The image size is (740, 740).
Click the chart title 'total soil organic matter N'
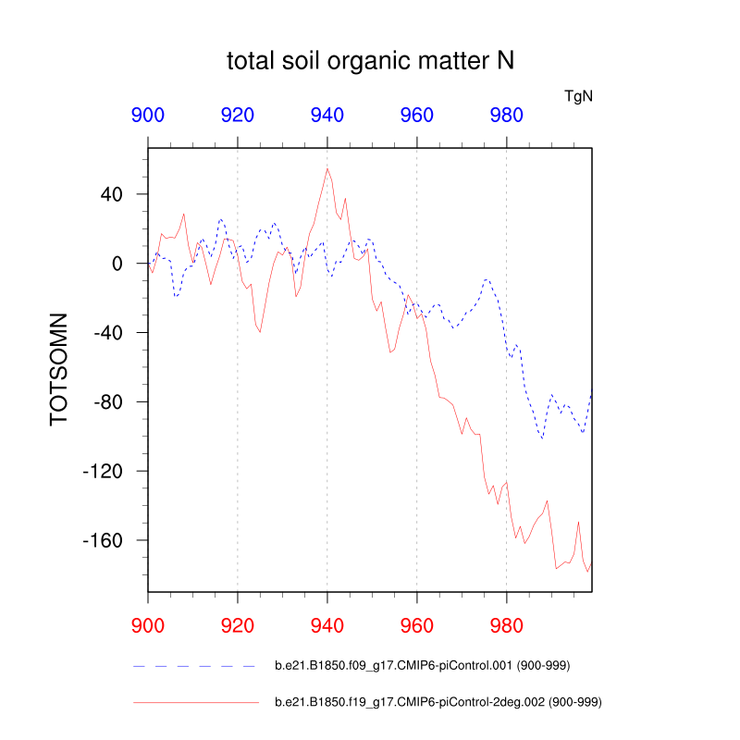pyautogui.click(x=370, y=62)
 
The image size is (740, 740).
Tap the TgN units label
pyautogui.click(x=578, y=95)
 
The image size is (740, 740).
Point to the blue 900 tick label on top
pyautogui.click(x=148, y=116)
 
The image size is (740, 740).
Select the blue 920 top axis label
pyautogui.click(x=238, y=116)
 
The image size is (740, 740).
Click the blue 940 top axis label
pyautogui.click(x=327, y=116)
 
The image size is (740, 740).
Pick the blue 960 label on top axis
pyautogui.click(x=417, y=116)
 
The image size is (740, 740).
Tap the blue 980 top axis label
pyautogui.click(x=507, y=116)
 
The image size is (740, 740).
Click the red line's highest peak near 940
pyautogui.click(x=327, y=168)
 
